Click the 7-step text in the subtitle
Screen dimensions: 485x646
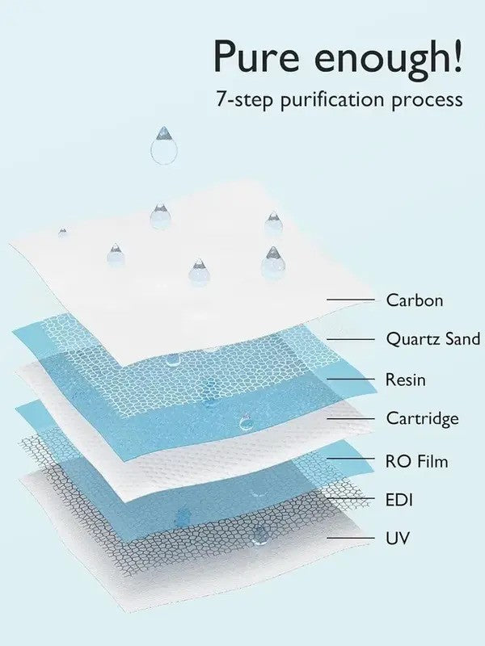click(x=245, y=100)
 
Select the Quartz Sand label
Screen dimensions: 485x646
click(x=433, y=339)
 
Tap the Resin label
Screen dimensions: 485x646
click(x=405, y=380)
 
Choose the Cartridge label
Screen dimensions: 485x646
click(x=422, y=418)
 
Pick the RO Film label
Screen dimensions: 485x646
click(x=416, y=461)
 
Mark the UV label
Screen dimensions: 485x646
click(x=398, y=538)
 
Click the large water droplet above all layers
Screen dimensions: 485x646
click(x=164, y=146)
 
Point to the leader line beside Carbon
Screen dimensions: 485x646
click(x=351, y=300)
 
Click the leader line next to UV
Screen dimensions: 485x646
click(x=351, y=538)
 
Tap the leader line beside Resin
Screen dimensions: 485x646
click(x=351, y=380)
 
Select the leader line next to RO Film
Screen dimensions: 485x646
click(x=351, y=459)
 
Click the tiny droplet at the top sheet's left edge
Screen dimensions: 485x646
click(x=62, y=233)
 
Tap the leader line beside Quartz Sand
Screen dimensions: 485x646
click(x=351, y=339)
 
